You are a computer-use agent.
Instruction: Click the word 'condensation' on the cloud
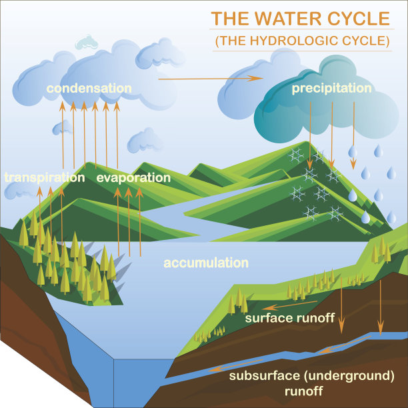click(89, 88)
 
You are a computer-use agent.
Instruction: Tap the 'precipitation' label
click(331, 88)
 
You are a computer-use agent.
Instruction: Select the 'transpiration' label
click(45, 178)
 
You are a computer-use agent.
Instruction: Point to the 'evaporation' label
click(133, 178)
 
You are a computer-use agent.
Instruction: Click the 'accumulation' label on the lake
click(206, 263)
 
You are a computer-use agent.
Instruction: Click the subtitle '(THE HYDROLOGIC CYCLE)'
click(302, 40)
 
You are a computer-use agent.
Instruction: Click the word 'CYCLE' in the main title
click(363, 18)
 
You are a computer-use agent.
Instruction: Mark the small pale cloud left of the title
click(86, 43)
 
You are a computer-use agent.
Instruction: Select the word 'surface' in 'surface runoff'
click(267, 317)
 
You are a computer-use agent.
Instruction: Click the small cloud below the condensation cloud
click(145, 141)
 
